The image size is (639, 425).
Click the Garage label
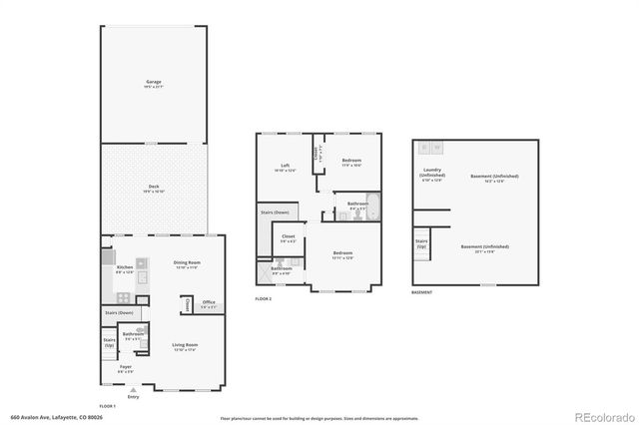153,84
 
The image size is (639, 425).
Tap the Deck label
153,188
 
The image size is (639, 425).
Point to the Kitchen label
125,269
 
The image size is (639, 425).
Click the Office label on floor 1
208,304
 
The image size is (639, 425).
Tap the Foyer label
125,368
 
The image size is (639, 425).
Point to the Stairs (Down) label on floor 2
274,212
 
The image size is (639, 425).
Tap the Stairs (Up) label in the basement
421,243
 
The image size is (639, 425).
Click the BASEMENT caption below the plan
422,292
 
